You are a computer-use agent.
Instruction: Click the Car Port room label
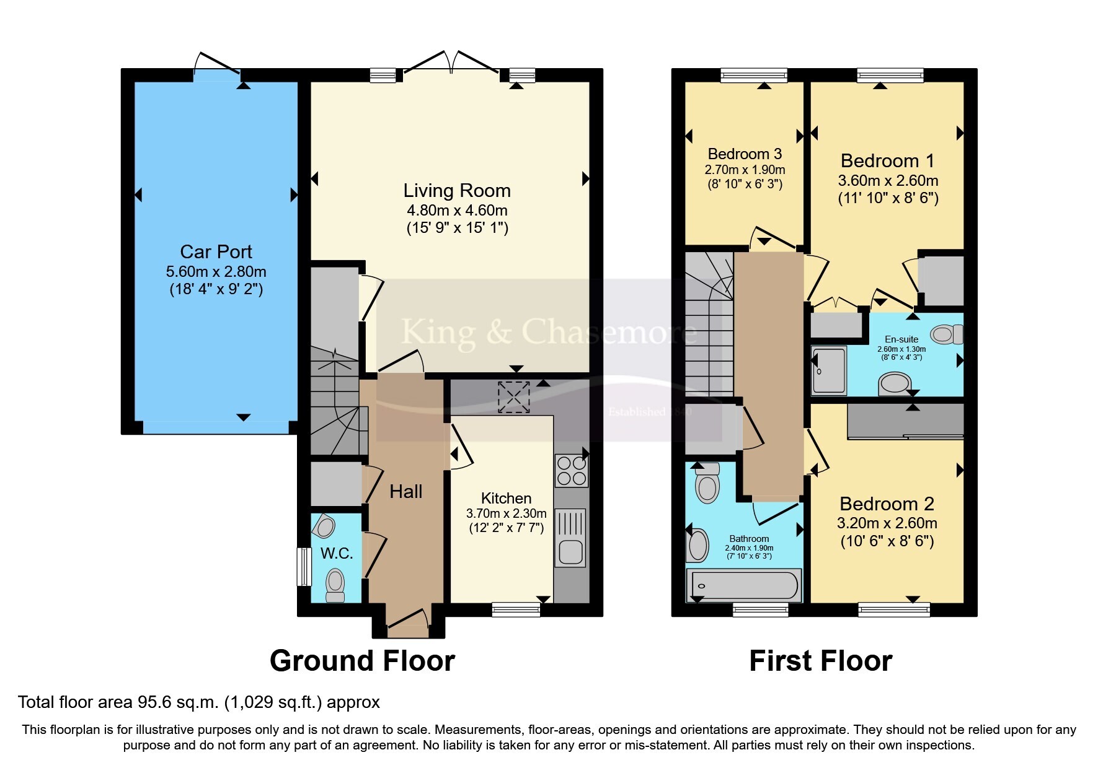tap(216, 251)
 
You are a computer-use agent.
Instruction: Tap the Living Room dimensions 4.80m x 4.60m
tap(457, 211)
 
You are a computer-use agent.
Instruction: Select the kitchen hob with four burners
tap(571, 471)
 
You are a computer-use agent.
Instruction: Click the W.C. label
tap(337, 553)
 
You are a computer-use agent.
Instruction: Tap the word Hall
tap(405, 492)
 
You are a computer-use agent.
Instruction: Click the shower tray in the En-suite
tap(829, 370)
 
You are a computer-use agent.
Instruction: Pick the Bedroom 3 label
tap(745, 154)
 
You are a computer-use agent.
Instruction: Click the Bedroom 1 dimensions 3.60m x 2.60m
tap(888, 181)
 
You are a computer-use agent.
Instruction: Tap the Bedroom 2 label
tap(887, 504)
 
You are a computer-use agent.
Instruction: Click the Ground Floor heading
tap(362, 661)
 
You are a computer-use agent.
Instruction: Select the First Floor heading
tap(821, 661)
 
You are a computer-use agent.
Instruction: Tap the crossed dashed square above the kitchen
tap(514, 397)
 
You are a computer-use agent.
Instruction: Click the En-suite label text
tap(901, 339)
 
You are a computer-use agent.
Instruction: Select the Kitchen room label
tap(506, 498)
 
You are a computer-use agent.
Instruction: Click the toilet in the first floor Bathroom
tap(707, 482)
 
